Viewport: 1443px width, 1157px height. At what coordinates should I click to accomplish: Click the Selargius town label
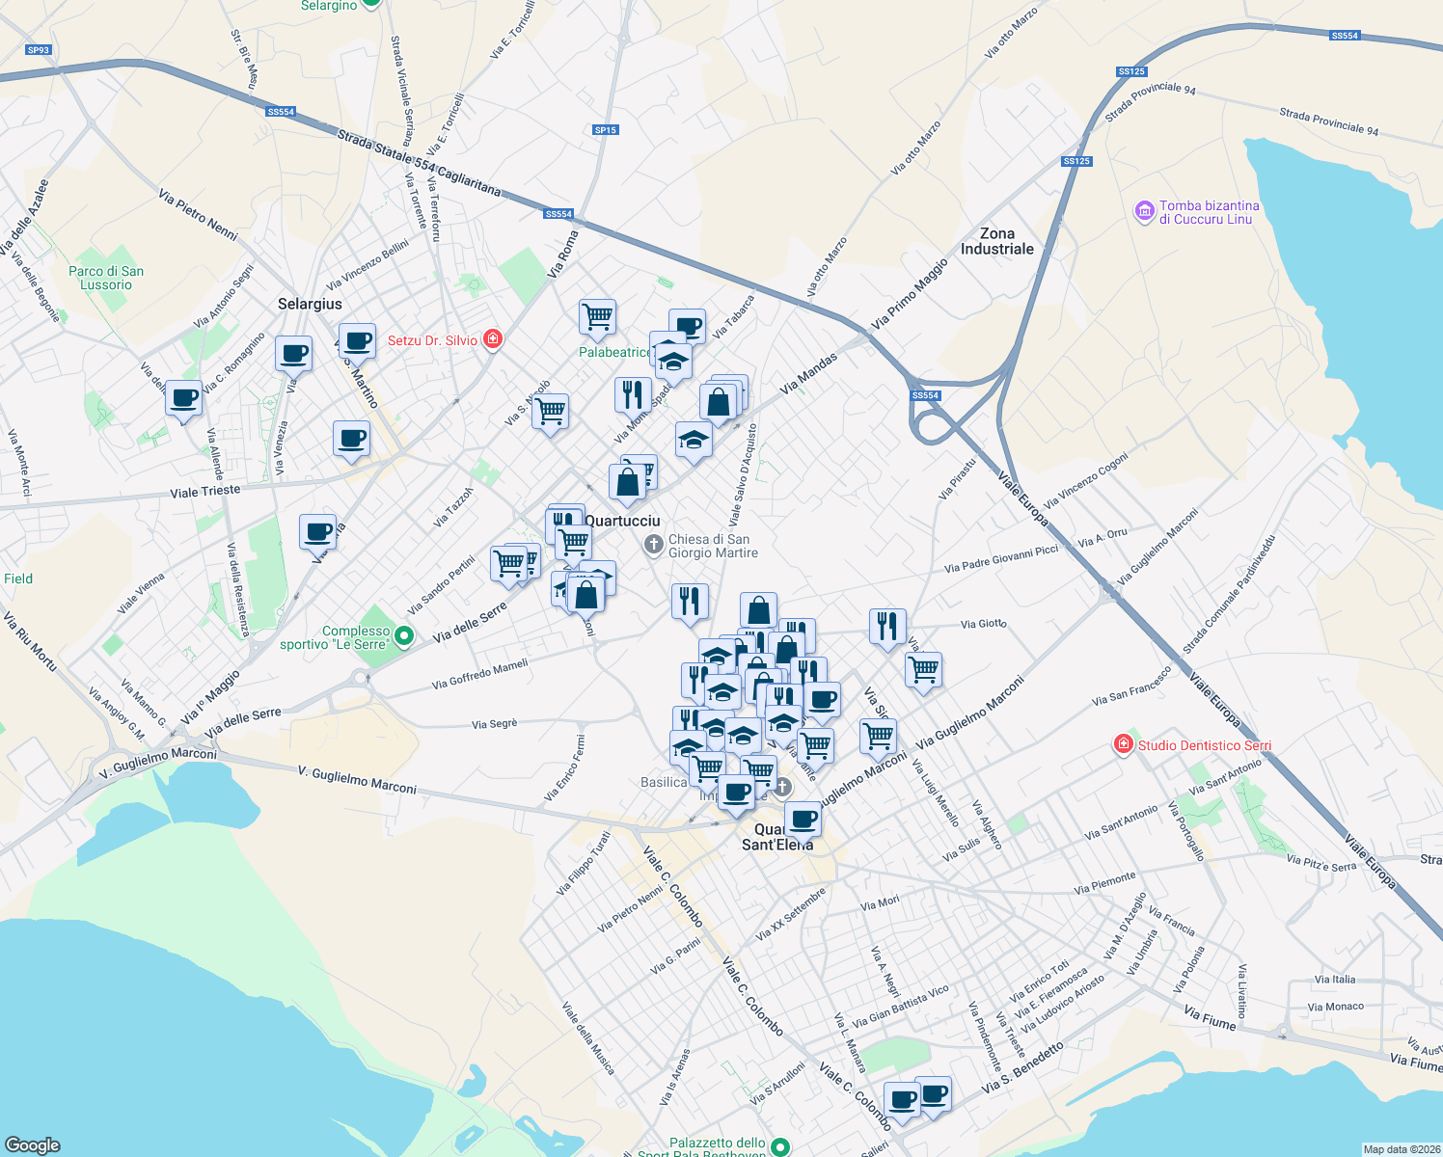click(x=310, y=304)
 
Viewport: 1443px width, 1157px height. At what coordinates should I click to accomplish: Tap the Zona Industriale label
click(x=996, y=241)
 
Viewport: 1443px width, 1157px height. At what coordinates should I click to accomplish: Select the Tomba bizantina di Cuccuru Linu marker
click(x=1144, y=212)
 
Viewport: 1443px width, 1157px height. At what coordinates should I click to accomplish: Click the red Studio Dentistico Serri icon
click(x=1123, y=744)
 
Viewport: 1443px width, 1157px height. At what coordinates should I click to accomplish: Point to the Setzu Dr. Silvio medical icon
click(x=493, y=339)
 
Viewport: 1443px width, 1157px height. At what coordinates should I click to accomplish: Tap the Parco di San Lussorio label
click(x=106, y=278)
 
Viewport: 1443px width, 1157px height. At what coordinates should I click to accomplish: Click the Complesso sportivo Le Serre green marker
click(x=404, y=635)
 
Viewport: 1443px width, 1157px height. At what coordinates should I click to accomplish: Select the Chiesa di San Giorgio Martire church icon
click(x=653, y=546)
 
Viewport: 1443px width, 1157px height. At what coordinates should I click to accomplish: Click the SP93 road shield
click(x=39, y=50)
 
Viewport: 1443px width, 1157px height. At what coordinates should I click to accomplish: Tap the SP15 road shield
click(x=605, y=130)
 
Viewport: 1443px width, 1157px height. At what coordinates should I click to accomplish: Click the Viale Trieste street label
click(x=205, y=492)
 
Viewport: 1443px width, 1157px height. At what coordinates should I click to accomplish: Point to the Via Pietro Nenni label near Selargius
click(x=199, y=214)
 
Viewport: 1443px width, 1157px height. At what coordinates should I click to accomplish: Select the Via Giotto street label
click(x=983, y=624)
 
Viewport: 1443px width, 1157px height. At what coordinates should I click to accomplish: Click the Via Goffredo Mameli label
click(x=479, y=674)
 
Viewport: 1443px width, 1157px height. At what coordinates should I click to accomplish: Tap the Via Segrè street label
click(x=495, y=723)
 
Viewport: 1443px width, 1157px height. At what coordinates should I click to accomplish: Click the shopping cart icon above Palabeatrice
click(x=597, y=316)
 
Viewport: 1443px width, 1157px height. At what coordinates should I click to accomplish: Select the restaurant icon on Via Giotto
click(x=886, y=626)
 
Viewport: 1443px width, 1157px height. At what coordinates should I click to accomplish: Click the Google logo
click(x=34, y=1144)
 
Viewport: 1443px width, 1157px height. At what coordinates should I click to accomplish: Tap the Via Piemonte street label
click(x=1105, y=883)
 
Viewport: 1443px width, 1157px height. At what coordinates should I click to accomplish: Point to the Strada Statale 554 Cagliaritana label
click(x=419, y=164)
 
